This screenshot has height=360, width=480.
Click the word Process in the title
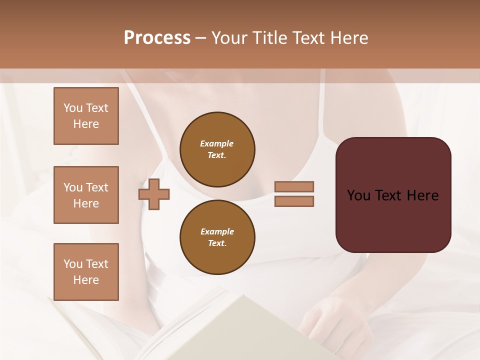[157, 38]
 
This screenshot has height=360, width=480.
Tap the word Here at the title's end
[349, 38]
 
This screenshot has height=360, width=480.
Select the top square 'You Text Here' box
[86, 116]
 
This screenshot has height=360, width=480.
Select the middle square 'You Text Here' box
[86, 195]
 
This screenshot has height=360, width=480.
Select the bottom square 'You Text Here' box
[86, 271]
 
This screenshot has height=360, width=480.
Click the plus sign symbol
[154, 194]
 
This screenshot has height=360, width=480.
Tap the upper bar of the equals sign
[294, 186]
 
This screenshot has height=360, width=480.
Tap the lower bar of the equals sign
[294, 201]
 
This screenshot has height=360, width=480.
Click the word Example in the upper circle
[216, 143]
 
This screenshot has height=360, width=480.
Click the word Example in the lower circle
[217, 231]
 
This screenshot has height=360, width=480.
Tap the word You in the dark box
[358, 195]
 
